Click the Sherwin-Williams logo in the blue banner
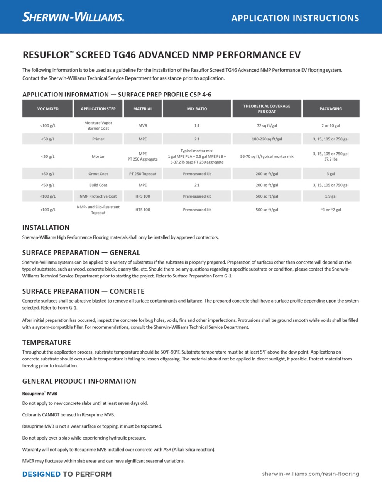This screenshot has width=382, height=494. coord(73,17)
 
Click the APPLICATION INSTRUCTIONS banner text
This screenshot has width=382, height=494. coord(295,18)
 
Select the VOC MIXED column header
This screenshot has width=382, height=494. coord(48,109)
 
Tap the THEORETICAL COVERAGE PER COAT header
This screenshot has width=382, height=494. coord(267,109)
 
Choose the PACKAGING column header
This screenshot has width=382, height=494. coord(331,109)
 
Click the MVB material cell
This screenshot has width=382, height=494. coord(143,125)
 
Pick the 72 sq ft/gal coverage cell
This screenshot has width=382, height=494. coord(267,125)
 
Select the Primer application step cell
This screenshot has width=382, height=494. coord(98,139)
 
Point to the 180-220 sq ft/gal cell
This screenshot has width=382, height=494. coord(267,139)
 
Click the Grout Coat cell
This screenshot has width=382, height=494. coord(98,174)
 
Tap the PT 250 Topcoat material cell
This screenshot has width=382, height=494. coord(143,174)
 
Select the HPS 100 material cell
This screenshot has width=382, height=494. coord(143,196)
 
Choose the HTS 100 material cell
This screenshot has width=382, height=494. coord(143,210)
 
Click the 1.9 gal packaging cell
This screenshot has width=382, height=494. coord(331,196)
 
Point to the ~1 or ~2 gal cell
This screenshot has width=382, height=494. coord(331,210)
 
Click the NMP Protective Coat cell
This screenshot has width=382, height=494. coord(98,196)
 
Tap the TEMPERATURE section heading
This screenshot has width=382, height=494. coord(47,343)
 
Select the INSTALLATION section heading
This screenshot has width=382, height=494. coord(46,228)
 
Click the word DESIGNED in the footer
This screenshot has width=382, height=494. coord(41,474)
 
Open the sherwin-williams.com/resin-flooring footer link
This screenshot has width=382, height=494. coord(310,474)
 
